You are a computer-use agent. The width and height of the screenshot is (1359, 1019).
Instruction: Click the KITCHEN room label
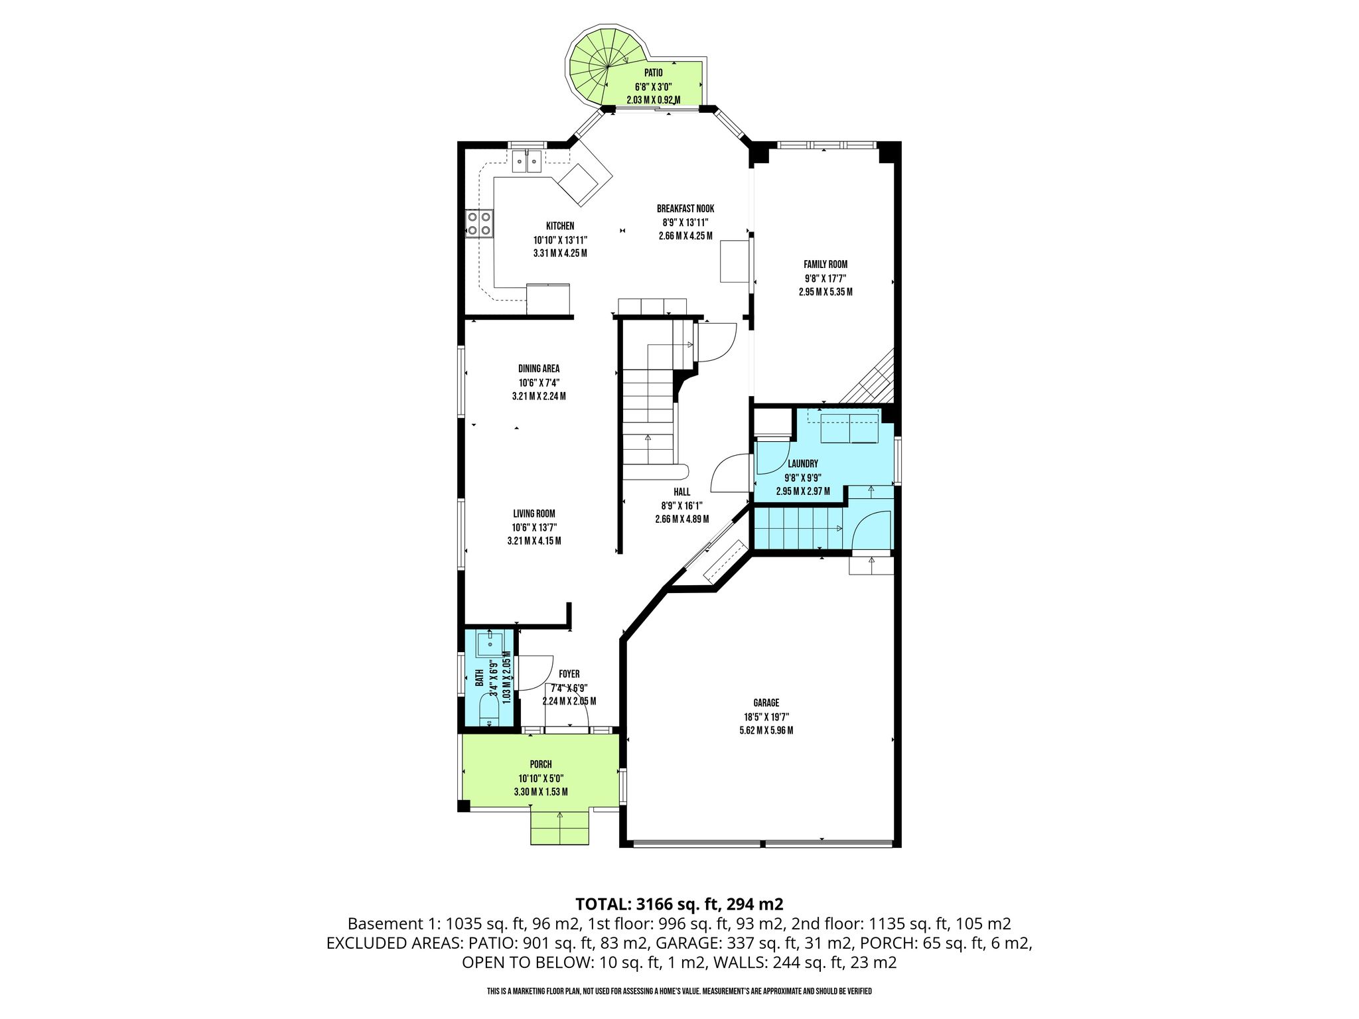pos(560,226)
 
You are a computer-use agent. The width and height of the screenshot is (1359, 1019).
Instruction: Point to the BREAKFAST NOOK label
pos(685,208)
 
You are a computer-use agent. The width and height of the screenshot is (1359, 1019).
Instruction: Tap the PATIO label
pos(653,72)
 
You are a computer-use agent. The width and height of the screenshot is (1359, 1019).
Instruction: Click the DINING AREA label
pos(539,369)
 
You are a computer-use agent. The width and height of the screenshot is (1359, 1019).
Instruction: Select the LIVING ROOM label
pos(534,513)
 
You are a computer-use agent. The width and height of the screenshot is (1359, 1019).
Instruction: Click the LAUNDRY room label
pos(803,464)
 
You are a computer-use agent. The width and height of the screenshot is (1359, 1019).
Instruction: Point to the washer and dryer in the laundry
pos(849,427)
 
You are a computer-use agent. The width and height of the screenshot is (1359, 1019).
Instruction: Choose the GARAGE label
pos(766,703)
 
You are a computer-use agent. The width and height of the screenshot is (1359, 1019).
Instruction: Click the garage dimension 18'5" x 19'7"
pos(766,716)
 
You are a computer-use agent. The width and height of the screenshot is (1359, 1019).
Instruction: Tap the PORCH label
pos(541,764)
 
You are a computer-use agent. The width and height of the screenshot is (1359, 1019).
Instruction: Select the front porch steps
pos(560,827)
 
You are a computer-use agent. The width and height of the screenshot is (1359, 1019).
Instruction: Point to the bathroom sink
pos(491,642)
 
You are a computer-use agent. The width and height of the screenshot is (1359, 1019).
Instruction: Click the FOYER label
pos(569,674)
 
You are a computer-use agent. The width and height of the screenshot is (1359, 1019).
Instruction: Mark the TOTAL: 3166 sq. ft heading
pos(679,904)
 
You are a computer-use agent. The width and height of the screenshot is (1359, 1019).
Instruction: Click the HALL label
pos(682,492)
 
